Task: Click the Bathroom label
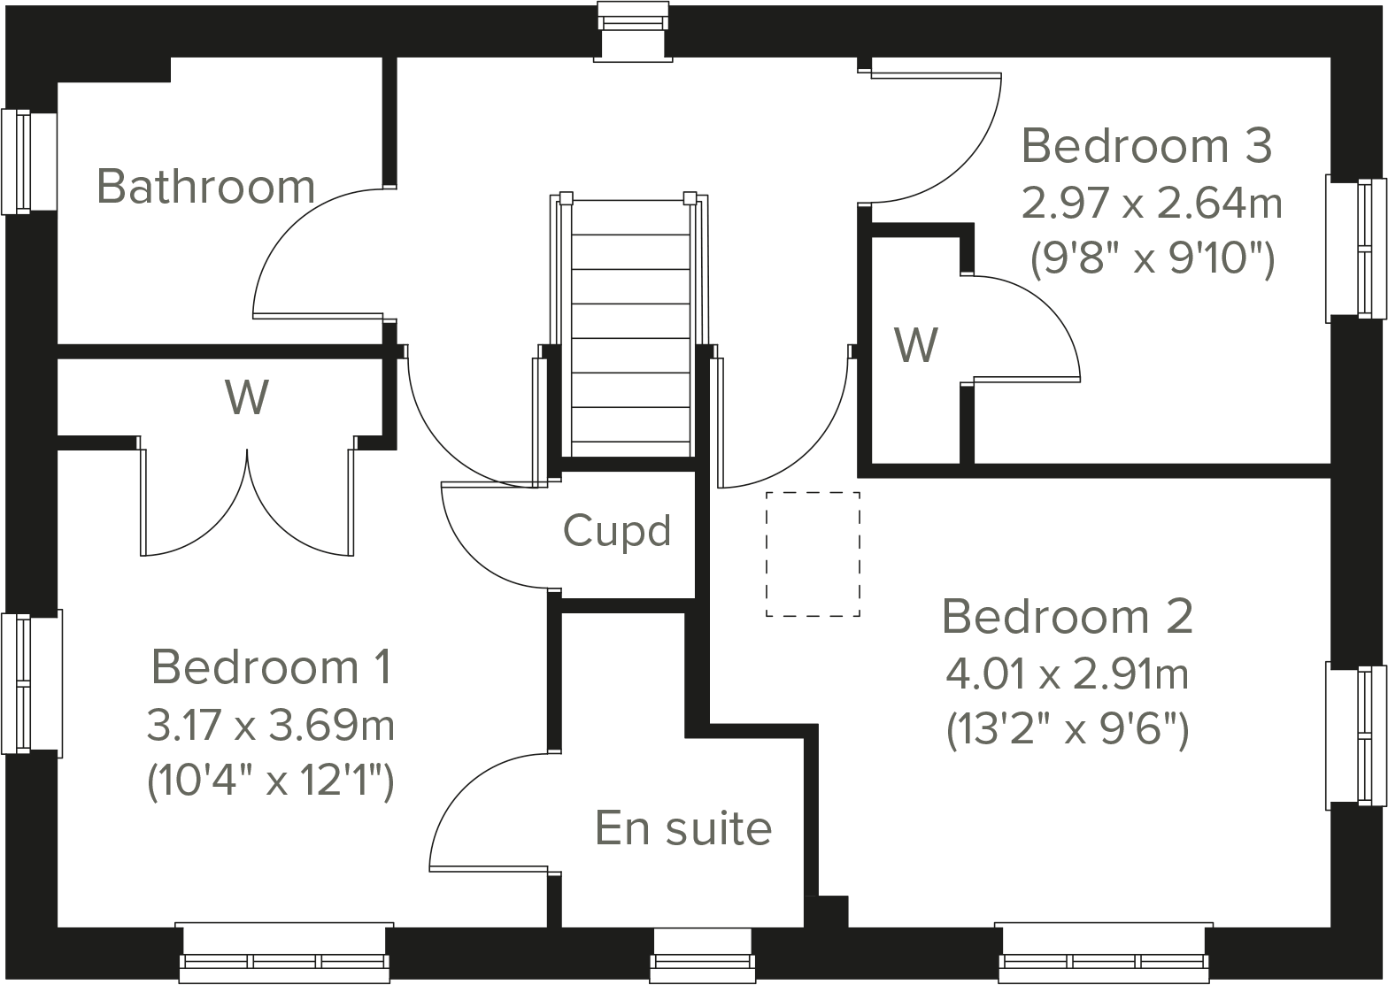205,187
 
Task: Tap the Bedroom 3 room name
1146,146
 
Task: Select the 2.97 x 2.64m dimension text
1152,204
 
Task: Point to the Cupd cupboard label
617,531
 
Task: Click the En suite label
683,828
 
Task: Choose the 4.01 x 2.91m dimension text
1067,674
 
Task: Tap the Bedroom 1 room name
271,666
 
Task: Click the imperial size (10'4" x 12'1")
270,781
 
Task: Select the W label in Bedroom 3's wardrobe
915,345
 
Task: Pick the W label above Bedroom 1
246,397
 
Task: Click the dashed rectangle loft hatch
813,554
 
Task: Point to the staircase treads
630,336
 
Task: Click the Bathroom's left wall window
18,161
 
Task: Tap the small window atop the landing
635,32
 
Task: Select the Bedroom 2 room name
1067,617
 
